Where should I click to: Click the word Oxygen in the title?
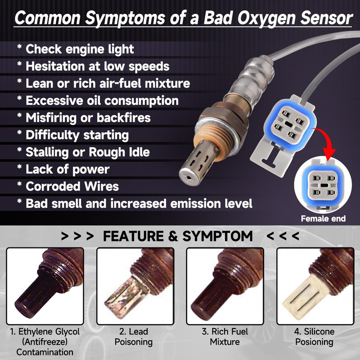coord(266,19)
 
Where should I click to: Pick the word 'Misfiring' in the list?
coord(51,118)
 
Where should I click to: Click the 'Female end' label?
coord(323,219)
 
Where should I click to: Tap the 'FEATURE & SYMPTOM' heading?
coord(178,236)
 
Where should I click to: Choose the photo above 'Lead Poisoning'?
coord(135,286)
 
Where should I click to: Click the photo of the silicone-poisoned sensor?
coord(315,286)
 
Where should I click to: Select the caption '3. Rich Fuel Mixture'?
coord(225,337)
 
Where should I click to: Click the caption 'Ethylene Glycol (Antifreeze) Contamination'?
coord(45,342)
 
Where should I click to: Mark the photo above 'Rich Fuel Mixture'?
coord(225,286)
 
